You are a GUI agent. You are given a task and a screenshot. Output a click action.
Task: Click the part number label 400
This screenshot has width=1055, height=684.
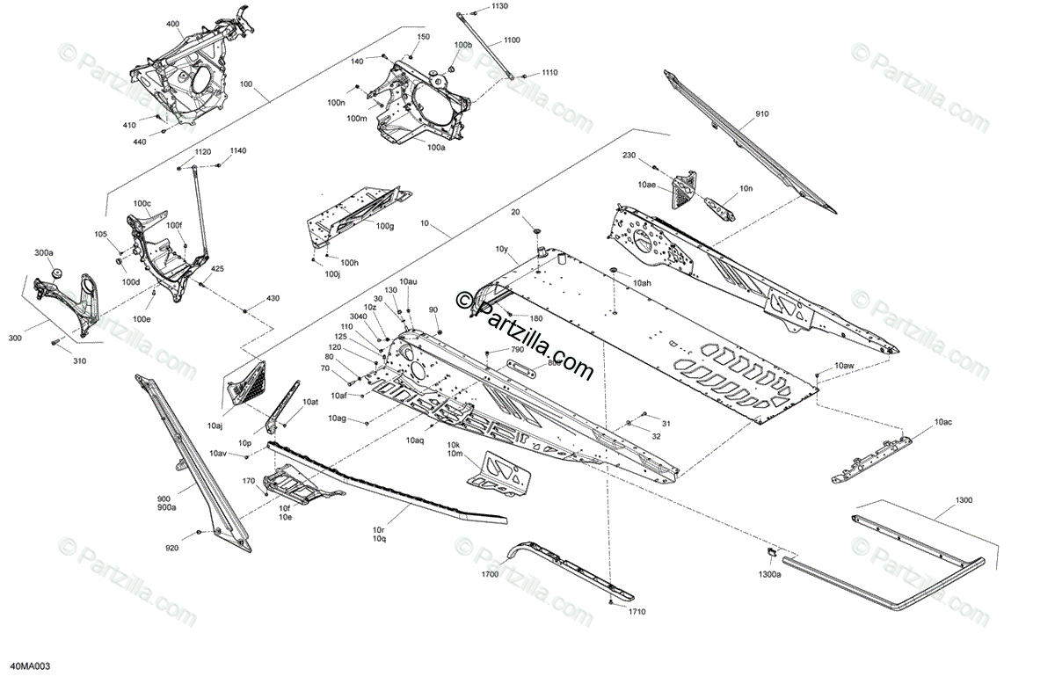point(171,21)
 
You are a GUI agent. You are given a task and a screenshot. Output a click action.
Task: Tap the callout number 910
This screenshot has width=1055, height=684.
point(760,114)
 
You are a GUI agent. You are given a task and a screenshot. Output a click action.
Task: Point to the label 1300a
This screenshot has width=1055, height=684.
point(769,574)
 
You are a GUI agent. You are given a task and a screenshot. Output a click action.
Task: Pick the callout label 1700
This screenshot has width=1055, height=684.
point(490,574)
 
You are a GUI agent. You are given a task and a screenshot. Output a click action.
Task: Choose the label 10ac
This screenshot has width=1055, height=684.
point(943,423)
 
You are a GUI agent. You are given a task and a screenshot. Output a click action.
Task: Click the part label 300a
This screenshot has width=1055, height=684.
point(44,252)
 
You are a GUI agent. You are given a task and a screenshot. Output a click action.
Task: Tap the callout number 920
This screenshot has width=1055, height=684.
point(171,548)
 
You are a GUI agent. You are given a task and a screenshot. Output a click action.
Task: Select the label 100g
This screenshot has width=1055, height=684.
point(384,227)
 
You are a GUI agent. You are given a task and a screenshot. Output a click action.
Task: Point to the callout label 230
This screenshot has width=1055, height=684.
point(629,156)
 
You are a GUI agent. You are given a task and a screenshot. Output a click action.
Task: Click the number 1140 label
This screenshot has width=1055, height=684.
point(238,151)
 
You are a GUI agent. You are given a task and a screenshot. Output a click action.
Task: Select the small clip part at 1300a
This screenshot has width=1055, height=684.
point(768,552)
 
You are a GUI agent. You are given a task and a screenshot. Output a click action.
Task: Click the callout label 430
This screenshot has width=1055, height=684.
point(273,299)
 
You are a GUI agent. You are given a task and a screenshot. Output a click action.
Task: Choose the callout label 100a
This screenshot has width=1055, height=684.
point(436,148)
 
